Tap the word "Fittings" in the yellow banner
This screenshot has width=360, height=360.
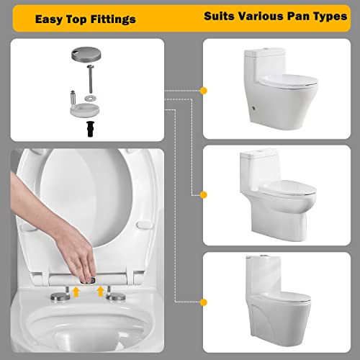[113, 19]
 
